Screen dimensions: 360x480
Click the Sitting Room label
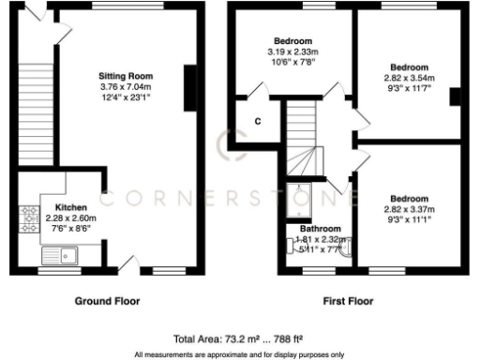pyautogui.click(x=127, y=76)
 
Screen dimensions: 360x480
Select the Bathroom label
pyautogui.click(x=320, y=229)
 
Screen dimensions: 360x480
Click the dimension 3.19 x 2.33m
pyautogui.click(x=292, y=51)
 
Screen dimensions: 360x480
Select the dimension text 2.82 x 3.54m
pyautogui.click(x=410, y=78)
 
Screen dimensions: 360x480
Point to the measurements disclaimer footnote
pyautogui.click(x=239, y=354)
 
